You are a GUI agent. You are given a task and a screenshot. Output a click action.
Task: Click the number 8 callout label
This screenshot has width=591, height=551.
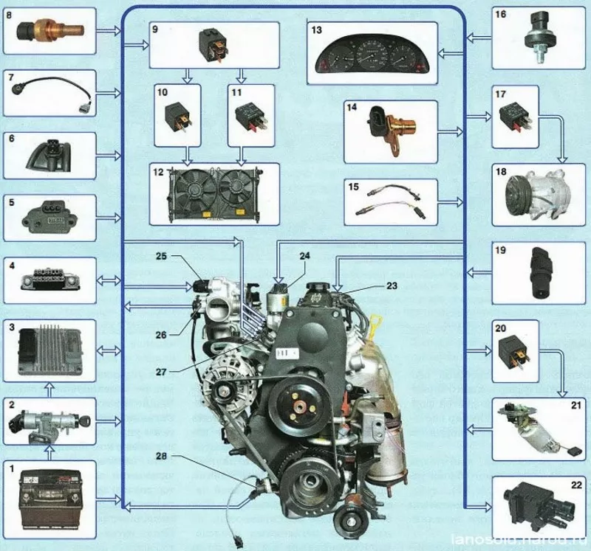10,13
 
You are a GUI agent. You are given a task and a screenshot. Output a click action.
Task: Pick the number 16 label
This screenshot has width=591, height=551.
499,13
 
